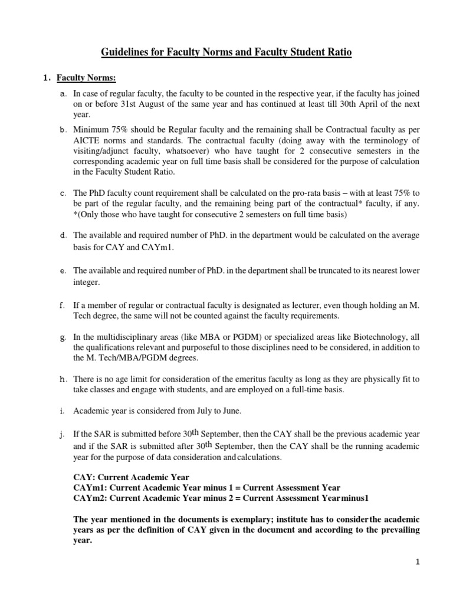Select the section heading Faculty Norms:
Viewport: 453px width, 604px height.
[94, 78]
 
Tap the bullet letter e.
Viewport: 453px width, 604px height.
[63, 272]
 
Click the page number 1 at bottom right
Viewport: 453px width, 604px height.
[417, 563]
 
